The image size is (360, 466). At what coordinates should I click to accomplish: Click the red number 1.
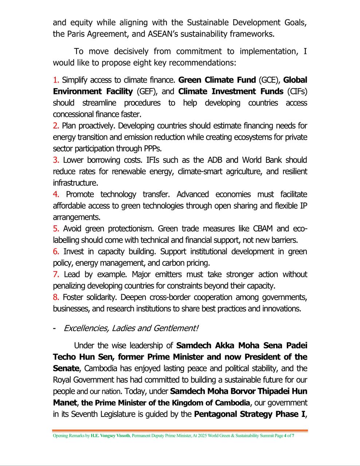point(56,80)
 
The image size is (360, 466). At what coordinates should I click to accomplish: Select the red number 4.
point(56,194)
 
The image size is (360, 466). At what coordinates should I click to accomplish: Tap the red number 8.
point(56,297)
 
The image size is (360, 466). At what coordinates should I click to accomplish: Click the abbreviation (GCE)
point(269,80)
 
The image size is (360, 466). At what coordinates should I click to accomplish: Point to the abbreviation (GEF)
point(147,91)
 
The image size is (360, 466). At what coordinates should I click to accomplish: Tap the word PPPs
point(150,149)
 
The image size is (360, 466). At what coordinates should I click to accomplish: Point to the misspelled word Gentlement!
point(176,328)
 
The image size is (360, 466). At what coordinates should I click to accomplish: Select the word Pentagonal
point(216,414)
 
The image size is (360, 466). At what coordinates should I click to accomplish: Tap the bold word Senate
point(66,368)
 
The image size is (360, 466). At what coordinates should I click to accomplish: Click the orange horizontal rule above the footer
point(180,431)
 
